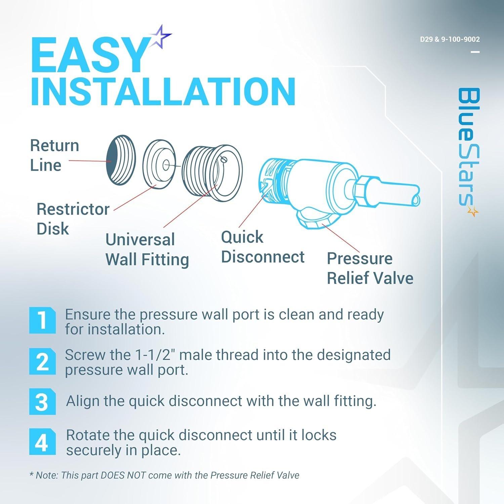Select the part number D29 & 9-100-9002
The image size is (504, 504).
pyautogui.click(x=450, y=39)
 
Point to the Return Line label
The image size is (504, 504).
pyautogui.click(x=54, y=155)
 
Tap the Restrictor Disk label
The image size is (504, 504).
pyautogui.click(x=73, y=219)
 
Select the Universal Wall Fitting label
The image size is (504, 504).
pyautogui.click(x=147, y=249)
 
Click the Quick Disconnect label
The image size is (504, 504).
pyautogui.click(x=262, y=247)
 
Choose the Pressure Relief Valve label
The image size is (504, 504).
pyautogui.click(x=370, y=268)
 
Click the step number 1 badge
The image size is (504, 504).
pyautogui.click(x=42, y=320)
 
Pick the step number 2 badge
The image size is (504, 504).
pyautogui.click(x=42, y=361)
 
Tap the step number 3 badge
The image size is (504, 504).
pyautogui.click(x=42, y=402)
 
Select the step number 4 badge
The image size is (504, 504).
pyautogui.click(x=42, y=442)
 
